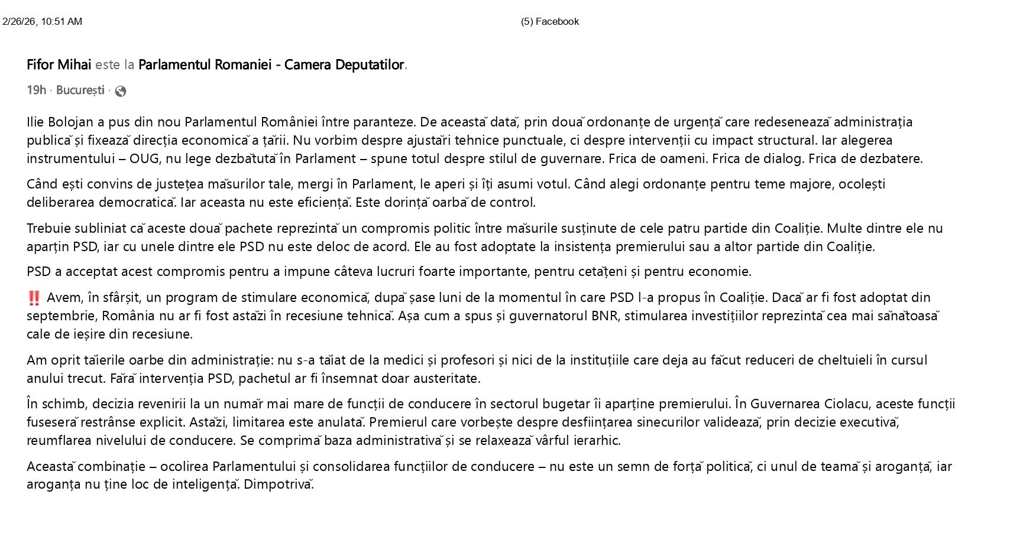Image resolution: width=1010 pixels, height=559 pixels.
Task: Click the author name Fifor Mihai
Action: [59, 64]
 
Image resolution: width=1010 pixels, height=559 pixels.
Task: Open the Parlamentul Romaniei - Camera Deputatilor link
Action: [271, 64]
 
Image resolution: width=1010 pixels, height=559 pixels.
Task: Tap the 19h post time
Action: [36, 90]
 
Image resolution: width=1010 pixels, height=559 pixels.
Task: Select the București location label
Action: [80, 90]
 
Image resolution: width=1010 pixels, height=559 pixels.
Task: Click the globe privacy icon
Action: [121, 91]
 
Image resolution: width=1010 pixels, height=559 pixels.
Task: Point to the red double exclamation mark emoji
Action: [34, 298]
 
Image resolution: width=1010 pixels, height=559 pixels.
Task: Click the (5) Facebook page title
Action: [549, 22]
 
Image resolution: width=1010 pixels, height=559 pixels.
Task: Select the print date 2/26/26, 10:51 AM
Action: [42, 22]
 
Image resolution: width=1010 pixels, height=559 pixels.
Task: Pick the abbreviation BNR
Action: [605, 316]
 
